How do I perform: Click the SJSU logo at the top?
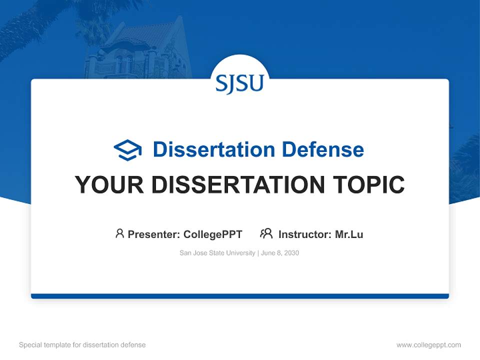click(x=239, y=83)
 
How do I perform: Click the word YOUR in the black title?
click(x=109, y=185)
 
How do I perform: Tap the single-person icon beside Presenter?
click(x=119, y=233)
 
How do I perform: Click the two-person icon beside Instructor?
click(x=266, y=233)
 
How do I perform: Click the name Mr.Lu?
click(x=349, y=234)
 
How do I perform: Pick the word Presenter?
click(x=154, y=234)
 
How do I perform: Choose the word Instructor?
click(x=305, y=234)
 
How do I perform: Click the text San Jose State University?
click(x=217, y=253)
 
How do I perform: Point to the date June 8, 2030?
click(x=280, y=253)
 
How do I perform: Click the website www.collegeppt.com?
click(x=428, y=345)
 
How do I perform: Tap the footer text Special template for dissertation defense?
click(x=82, y=345)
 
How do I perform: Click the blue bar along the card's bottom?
click(x=239, y=296)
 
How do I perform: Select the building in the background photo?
click(x=135, y=50)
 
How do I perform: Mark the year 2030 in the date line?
click(x=291, y=253)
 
